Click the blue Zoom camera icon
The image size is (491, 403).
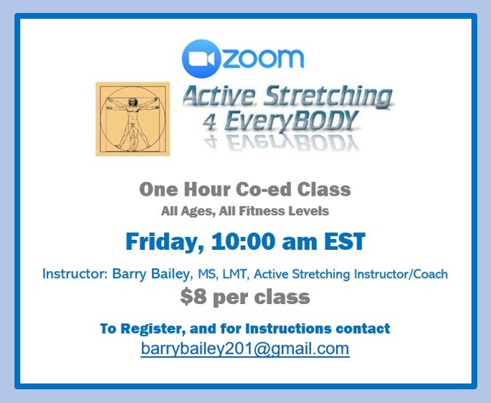(201, 58)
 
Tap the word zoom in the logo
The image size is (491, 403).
(263, 58)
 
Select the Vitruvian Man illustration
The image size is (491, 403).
(133, 118)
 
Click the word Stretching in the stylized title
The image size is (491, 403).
(328, 95)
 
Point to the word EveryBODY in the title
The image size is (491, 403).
(291, 121)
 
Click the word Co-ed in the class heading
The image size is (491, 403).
(264, 189)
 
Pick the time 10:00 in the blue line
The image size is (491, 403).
(244, 242)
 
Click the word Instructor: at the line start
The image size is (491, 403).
(75, 274)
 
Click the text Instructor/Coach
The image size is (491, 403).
(401, 274)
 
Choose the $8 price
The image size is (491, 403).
(193, 297)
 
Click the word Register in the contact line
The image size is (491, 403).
(153, 329)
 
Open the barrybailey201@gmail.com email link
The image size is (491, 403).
(245, 349)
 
